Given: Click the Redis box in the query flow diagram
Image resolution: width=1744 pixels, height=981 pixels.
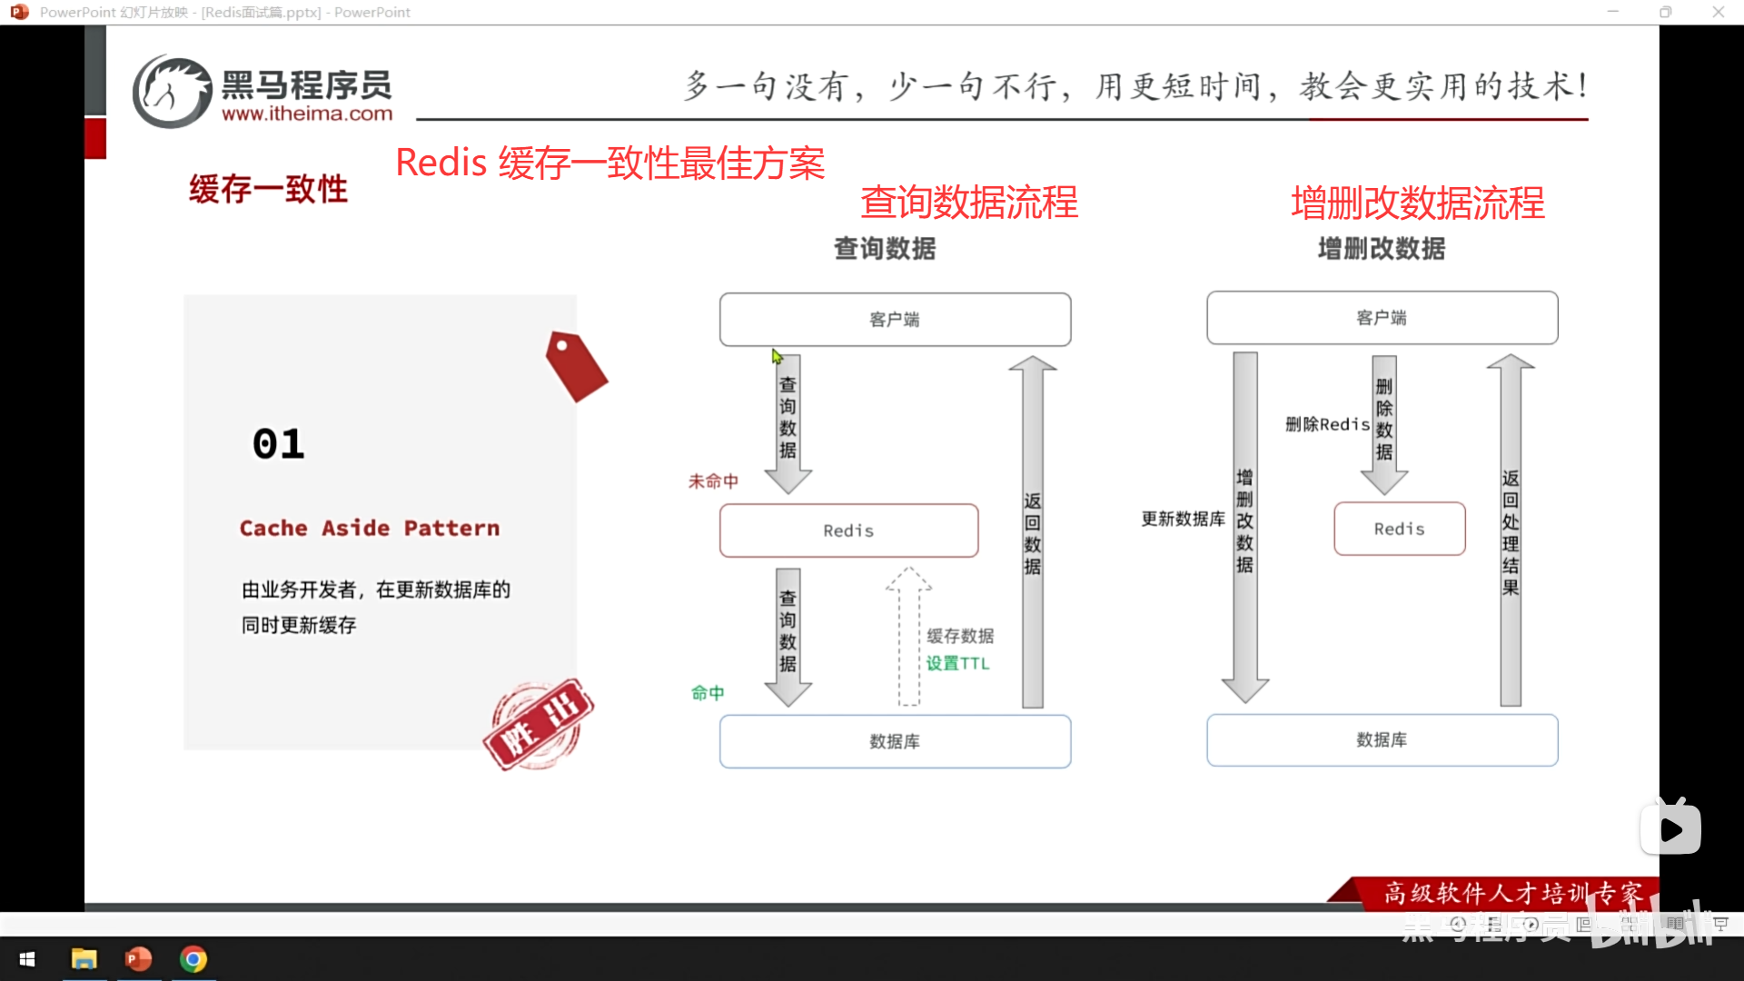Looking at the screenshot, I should [848, 530].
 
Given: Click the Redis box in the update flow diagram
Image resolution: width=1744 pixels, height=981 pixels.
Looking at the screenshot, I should [1399, 529].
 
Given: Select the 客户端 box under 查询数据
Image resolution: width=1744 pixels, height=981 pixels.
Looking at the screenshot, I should [895, 319].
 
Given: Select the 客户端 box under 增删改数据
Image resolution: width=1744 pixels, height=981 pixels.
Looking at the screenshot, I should [1382, 317].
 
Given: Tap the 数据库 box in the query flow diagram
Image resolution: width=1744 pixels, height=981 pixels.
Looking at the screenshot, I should [895, 741].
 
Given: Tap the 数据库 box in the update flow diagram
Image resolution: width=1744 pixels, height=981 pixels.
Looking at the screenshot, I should [1382, 739].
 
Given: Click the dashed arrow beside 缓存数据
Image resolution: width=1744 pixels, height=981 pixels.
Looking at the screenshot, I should [908, 636].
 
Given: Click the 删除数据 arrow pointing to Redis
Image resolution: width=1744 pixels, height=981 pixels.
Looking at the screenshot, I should [1383, 422].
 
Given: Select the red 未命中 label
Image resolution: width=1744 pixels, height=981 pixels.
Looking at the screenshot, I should [713, 481].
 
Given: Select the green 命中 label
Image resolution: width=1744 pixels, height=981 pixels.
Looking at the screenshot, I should [708, 693].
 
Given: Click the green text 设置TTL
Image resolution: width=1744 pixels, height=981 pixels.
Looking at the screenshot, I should [957, 663].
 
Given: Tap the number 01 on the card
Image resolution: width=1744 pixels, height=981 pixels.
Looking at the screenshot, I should [279, 444].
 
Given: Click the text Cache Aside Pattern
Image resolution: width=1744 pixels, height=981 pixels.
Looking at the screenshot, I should [370, 528].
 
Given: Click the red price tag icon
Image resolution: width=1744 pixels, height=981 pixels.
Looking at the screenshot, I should [576, 365].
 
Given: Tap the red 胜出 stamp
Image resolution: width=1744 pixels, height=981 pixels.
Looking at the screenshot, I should [538, 724].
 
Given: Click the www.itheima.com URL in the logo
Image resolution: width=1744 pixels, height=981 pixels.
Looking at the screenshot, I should [307, 114].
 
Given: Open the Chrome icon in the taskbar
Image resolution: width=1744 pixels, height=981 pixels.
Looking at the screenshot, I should [193, 959].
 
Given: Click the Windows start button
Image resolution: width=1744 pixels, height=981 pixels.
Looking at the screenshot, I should [27, 959].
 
